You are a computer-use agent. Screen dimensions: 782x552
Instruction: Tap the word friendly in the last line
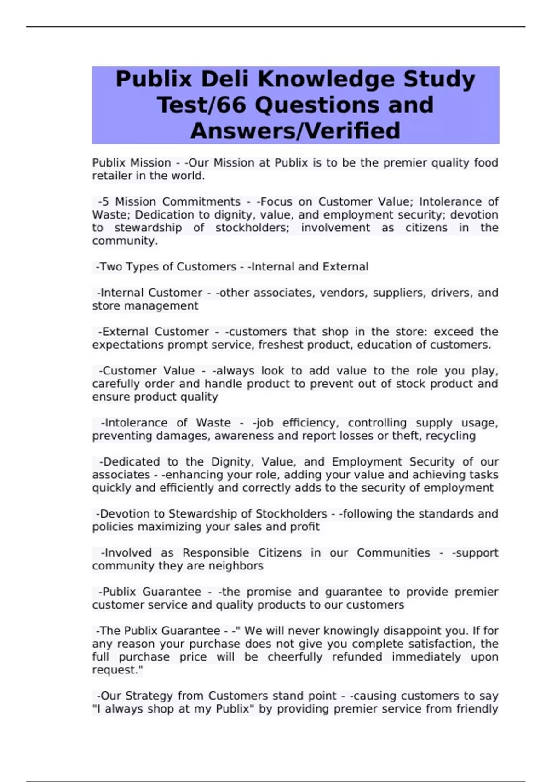(477, 709)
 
